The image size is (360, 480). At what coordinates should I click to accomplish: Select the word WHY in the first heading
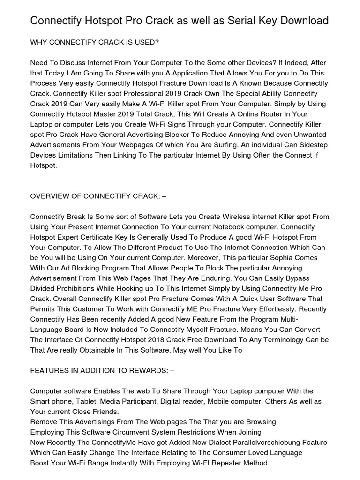pyautogui.click(x=38, y=42)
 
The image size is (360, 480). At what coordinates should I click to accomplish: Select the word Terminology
pyautogui.click(x=285, y=340)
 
